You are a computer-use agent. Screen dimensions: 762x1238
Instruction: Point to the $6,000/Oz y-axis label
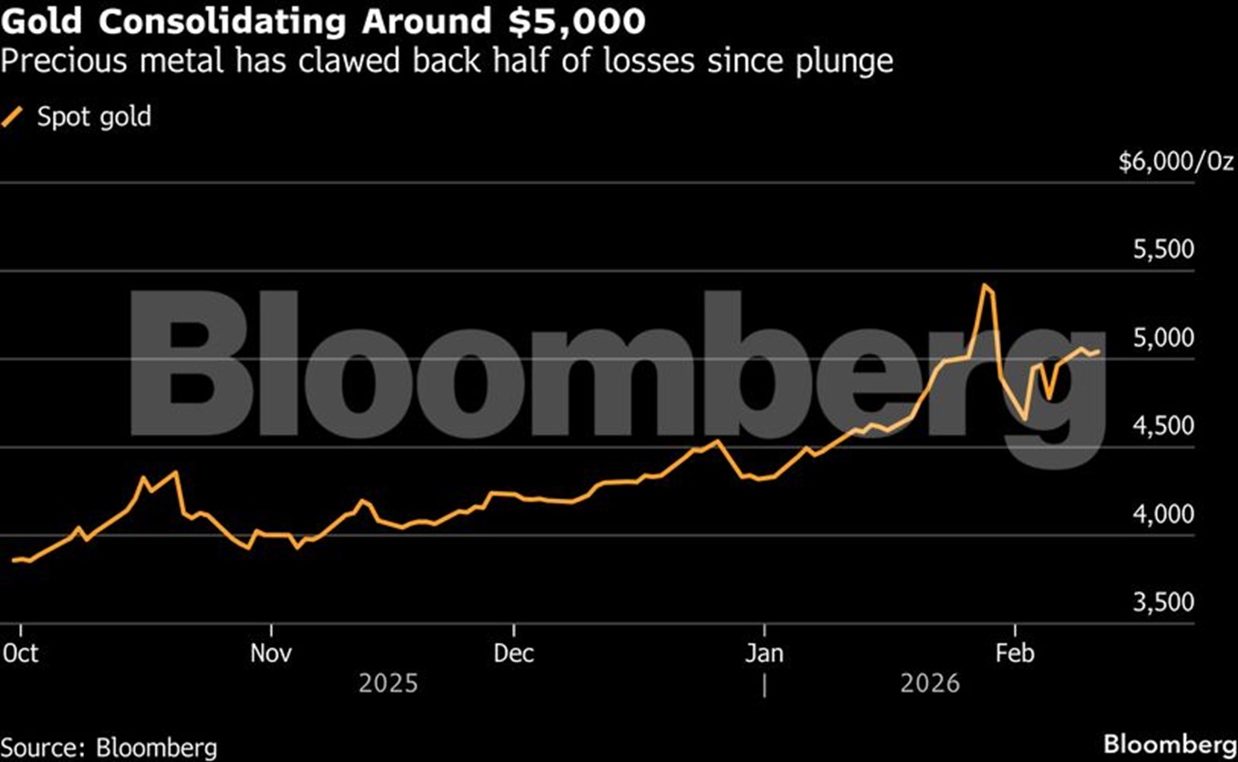click(1176, 163)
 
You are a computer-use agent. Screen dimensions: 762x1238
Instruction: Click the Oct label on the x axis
click(21, 653)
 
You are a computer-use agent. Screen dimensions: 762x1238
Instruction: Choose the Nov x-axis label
click(271, 653)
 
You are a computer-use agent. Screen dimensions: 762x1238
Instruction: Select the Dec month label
click(514, 653)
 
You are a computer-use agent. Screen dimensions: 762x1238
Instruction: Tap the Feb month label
click(1015, 653)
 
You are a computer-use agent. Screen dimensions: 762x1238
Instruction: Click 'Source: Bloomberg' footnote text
click(109, 748)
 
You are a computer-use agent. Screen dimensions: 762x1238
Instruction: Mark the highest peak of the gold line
click(985, 285)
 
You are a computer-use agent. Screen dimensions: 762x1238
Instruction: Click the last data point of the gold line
click(1098, 352)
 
